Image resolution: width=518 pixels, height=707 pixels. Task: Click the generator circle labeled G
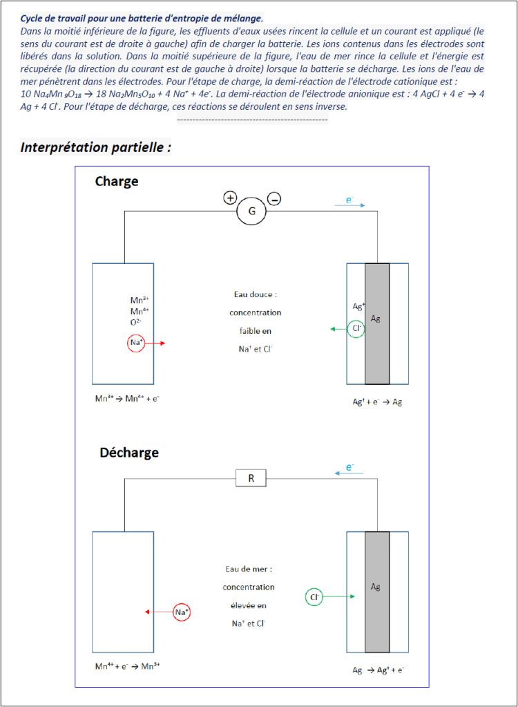251,211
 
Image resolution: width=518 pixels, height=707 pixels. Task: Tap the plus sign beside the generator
230,198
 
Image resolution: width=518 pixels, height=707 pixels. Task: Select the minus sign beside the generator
274,199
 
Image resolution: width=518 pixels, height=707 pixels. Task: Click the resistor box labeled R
251,478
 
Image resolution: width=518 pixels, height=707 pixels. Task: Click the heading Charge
117,181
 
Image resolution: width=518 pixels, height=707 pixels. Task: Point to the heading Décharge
129,453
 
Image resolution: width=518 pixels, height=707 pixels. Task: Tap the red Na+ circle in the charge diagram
136,343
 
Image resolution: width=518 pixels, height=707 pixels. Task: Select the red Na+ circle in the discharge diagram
181,612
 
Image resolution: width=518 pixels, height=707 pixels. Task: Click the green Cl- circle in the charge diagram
356,329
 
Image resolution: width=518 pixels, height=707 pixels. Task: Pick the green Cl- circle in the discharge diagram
314,596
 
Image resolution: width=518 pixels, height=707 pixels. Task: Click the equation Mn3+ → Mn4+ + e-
128,399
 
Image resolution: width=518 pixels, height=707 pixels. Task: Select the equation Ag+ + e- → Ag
377,402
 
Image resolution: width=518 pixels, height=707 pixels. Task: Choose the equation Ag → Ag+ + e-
378,670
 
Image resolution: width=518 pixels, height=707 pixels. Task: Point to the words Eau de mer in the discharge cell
249,569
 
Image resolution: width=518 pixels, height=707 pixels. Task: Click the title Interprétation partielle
95,147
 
